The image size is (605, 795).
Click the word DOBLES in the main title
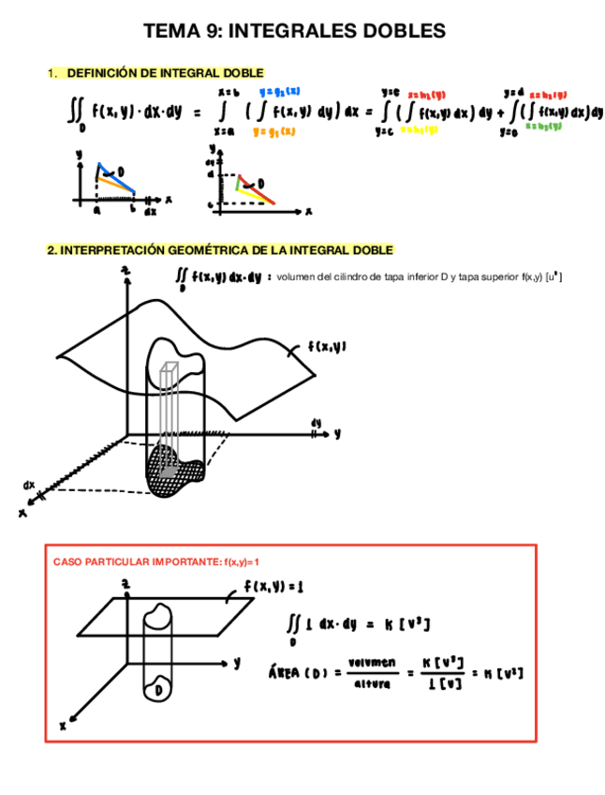coord(405,32)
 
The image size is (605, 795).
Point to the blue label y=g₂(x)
coord(279,91)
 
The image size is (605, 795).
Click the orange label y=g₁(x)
coord(274,132)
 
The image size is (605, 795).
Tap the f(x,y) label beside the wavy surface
coord(327,346)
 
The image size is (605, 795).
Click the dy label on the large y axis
coord(316,423)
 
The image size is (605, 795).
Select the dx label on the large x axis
coord(30,485)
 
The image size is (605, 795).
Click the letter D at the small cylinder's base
coord(162,689)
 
